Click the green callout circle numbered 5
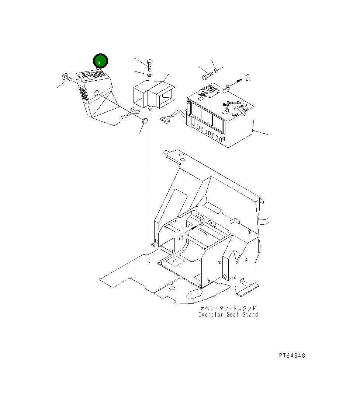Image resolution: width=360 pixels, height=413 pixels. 100,62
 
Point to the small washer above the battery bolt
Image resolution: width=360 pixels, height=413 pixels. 217,70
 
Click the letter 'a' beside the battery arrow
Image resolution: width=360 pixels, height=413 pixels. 247,77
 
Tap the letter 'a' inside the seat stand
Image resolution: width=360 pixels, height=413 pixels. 181,237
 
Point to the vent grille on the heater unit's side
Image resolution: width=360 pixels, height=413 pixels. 84,95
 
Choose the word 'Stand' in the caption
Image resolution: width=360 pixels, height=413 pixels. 250,315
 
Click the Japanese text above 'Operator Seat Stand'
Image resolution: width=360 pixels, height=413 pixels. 228,308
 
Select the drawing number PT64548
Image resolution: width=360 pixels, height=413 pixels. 292,356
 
